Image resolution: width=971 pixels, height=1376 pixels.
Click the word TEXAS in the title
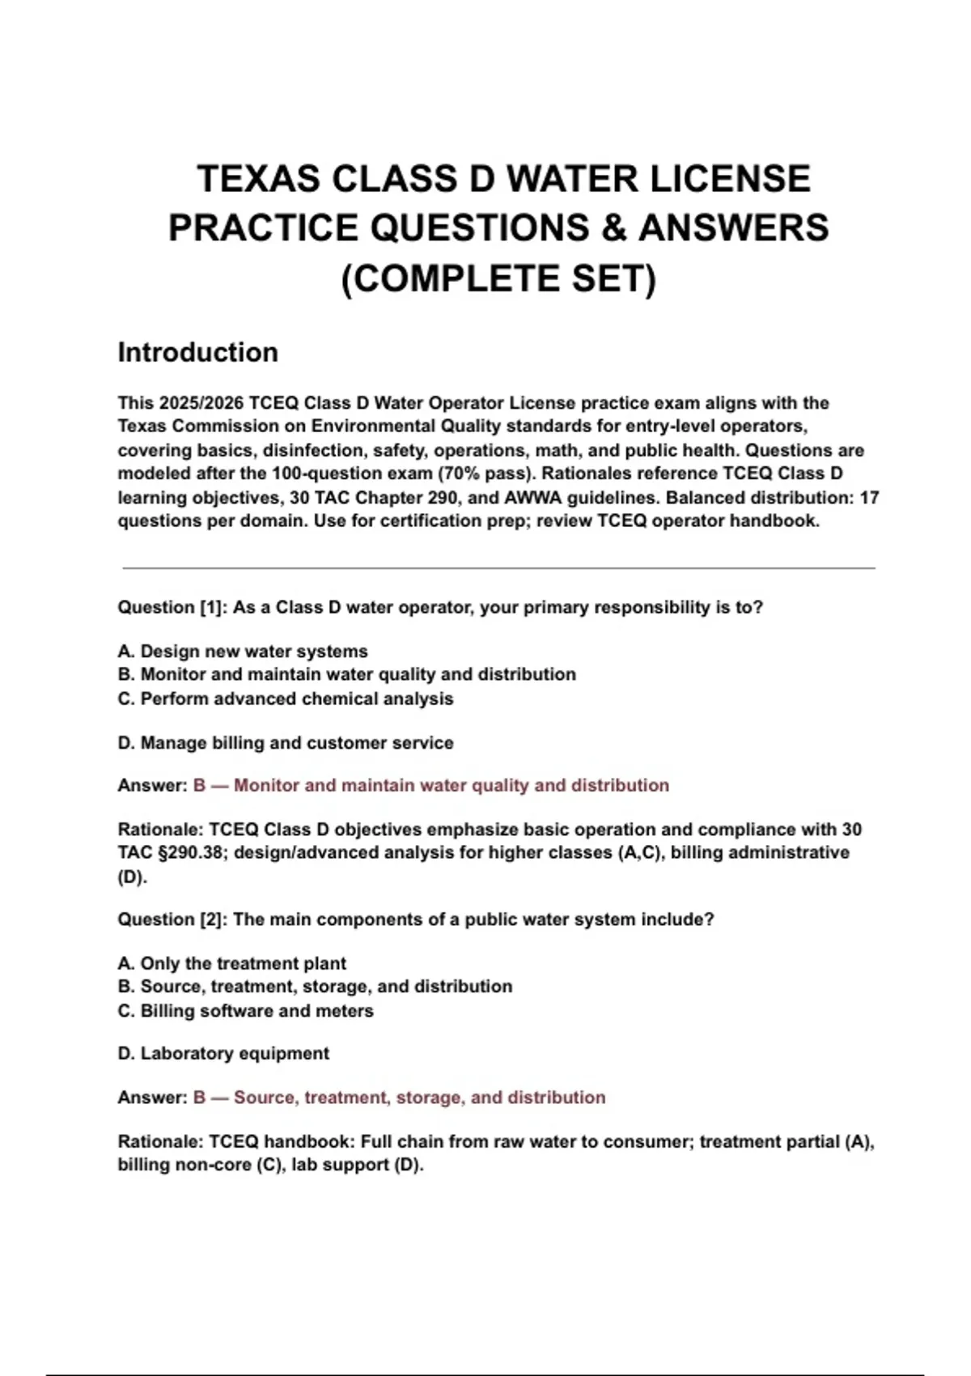(x=258, y=179)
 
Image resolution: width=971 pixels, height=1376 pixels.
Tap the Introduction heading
(x=197, y=352)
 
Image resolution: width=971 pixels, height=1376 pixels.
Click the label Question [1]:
(x=172, y=607)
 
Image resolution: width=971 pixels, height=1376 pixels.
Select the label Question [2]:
(x=172, y=919)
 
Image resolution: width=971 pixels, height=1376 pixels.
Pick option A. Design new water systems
(x=243, y=652)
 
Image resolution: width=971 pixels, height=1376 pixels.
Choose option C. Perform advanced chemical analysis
(x=285, y=699)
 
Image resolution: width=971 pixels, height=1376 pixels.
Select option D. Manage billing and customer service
(x=285, y=743)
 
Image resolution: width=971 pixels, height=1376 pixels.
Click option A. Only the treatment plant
(x=231, y=963)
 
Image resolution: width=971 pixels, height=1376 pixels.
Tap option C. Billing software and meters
(x=245, y=1011)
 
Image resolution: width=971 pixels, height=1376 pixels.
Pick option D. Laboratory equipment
(x=223, y=1054)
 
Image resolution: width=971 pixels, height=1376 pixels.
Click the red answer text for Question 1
(x=430, y=785)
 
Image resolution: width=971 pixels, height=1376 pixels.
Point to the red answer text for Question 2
(x=399, y=1098)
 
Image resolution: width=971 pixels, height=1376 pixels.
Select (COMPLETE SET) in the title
(x=498, y=278)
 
